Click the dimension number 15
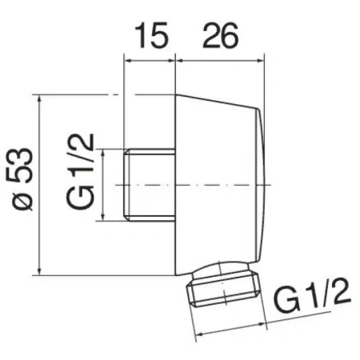151,35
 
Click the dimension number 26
220,35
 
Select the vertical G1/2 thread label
80,171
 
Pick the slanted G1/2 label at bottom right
312,295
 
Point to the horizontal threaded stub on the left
150,185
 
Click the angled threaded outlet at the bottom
223,285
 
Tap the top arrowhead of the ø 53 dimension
39,99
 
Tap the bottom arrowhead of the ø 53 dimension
39,271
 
